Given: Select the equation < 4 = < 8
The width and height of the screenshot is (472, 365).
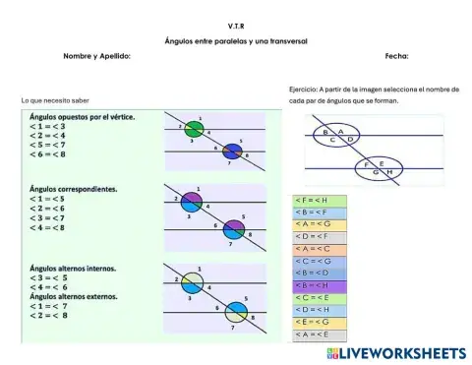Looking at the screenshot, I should pos(47,227).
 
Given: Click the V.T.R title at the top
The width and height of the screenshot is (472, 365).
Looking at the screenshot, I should pos(236,25).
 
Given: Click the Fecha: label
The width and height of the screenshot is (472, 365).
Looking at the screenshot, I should pos(397,57).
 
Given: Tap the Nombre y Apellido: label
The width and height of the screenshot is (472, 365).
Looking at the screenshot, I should pos(96,57).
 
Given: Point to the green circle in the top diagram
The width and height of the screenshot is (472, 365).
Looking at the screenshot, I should pos(194,129).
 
